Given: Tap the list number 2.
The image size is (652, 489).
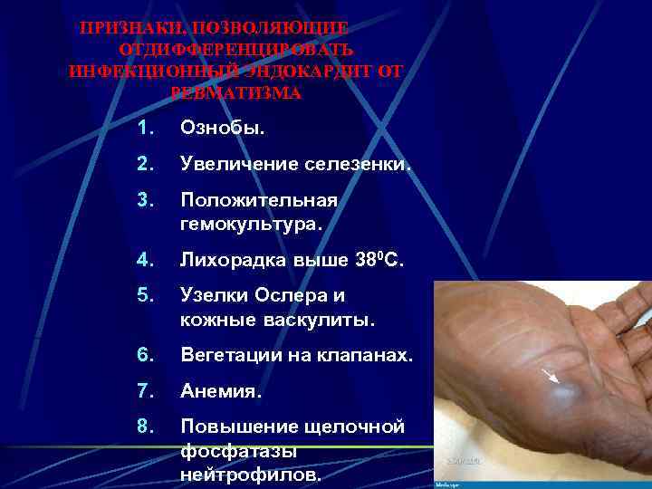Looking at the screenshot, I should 146,164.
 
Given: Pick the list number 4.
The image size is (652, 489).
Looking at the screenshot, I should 146,261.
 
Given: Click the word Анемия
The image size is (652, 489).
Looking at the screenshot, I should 222,392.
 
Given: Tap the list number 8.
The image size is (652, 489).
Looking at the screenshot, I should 146,427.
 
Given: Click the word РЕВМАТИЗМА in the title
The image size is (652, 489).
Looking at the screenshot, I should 235,93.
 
